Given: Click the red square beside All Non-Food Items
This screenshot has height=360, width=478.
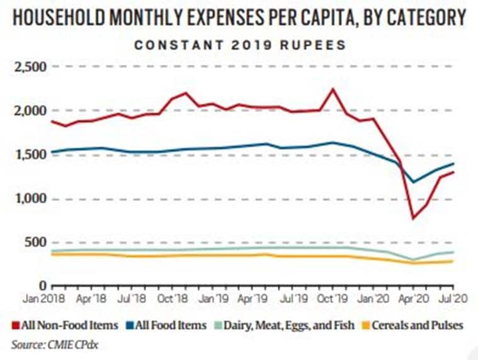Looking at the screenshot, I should pos(15,325).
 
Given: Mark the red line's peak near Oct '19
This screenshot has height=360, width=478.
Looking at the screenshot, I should pos(333,89).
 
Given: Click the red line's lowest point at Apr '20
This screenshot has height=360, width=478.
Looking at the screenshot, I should pos(413,218).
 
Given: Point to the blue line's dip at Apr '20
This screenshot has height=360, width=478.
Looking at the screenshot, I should pos(413,183).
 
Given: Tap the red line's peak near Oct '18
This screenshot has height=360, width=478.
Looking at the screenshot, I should pos(186,93).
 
